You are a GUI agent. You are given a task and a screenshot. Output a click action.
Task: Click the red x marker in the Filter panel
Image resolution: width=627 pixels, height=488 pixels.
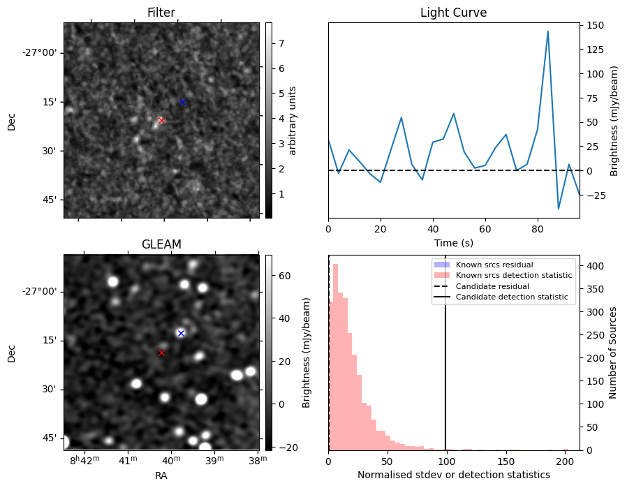click(x=161, y=120)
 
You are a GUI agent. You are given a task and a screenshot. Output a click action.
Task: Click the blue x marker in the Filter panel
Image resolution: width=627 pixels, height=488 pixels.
click(x=182, y=102)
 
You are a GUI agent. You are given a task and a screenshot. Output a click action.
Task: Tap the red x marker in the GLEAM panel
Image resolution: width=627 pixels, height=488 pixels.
click(x=161, y=353)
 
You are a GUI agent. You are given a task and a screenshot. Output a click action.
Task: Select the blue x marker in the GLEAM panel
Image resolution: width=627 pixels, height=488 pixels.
click(x=181, y=333)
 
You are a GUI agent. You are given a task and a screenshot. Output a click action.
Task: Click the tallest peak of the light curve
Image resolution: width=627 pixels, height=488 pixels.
click(x=547, y=31)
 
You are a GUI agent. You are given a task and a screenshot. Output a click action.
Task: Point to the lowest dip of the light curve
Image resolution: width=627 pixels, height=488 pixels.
click(x=559, y=209)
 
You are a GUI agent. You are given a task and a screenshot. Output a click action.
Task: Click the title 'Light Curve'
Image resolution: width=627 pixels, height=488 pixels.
click(x=453, y=13)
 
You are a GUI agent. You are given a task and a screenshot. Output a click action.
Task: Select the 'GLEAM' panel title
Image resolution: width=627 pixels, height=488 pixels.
click(x=161, y=244)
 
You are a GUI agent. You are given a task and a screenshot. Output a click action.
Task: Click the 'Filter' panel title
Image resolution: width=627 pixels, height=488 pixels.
click(x=161, y=13)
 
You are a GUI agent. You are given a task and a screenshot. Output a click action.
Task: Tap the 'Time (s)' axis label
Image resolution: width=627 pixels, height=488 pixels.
click(x=453, y=241)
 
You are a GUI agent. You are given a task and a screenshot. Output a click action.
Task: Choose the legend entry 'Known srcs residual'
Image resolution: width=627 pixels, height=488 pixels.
click(x=494, y=265)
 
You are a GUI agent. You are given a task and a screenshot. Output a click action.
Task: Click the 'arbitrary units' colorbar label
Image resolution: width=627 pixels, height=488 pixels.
click(x=293, y=120)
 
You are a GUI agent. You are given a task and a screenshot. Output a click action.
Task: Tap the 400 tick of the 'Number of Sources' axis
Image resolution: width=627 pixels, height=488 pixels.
click(x=592, y=266)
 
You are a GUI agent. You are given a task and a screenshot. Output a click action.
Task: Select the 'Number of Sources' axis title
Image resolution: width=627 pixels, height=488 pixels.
click(x=612, y=353)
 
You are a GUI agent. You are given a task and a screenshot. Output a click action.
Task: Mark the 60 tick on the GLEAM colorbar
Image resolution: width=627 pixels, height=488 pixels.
click(x=282, y=276)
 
